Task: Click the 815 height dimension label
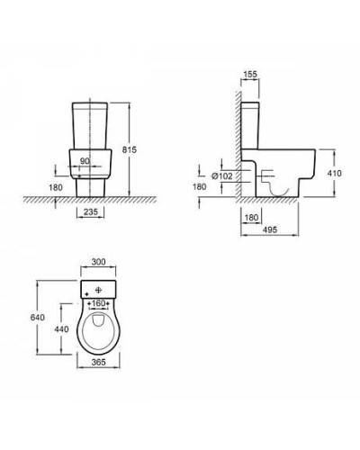130,149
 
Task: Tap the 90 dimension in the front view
85,161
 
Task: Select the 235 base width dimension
91,212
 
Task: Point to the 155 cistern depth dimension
250,74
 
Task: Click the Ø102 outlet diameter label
222,176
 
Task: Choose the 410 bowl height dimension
334,174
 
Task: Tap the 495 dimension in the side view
270,229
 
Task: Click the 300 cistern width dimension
98,262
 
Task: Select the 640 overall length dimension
38,317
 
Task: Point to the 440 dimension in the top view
61,329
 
